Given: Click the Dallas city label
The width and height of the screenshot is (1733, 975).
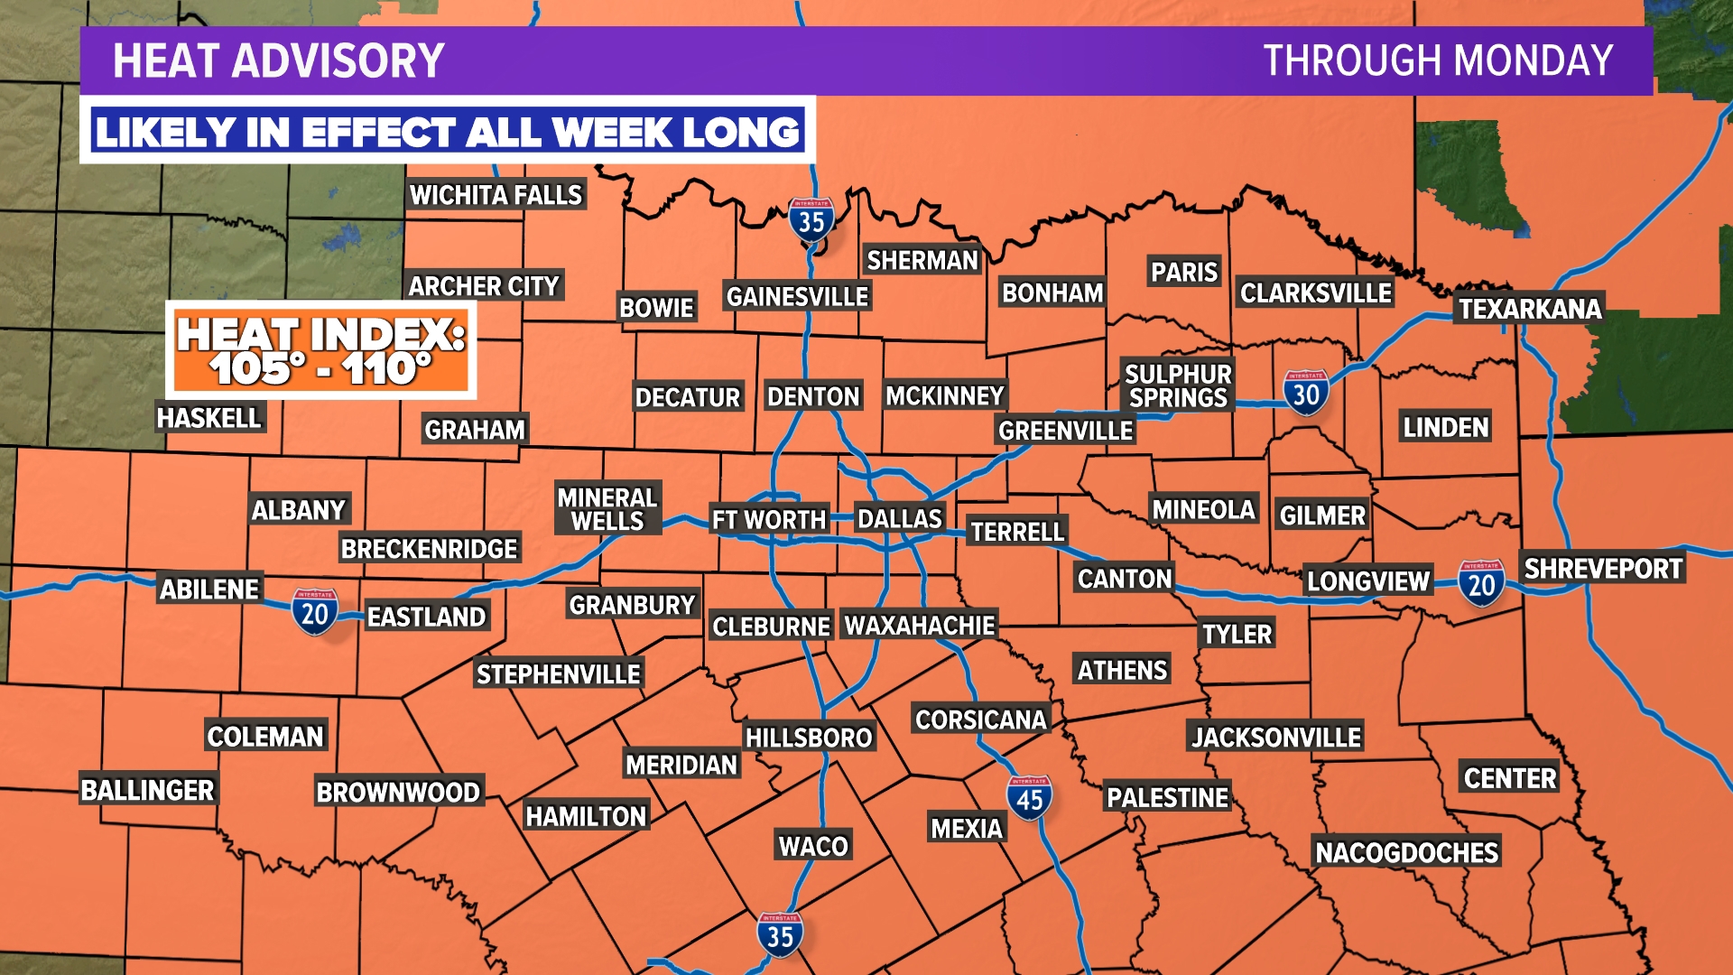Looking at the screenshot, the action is (899, 519).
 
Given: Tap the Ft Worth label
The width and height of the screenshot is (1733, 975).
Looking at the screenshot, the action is (768, 520).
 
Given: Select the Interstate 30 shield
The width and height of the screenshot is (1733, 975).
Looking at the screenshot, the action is (1305, 393).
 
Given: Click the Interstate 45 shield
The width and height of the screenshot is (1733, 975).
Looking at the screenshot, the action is (1029, 798).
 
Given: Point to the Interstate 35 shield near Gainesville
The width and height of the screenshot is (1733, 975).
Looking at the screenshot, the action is (811, 219).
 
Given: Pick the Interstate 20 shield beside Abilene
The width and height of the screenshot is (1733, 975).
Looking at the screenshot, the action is (314, 612).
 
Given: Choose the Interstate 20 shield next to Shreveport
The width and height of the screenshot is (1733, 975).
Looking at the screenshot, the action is (1481, 583).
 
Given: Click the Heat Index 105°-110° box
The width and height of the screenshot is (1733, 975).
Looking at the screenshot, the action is (321, 350).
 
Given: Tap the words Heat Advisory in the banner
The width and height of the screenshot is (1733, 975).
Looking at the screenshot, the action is (278, 61).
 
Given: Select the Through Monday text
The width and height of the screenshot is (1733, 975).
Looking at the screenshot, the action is (1437, 61).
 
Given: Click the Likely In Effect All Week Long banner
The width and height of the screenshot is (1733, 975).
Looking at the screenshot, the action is (448, 132).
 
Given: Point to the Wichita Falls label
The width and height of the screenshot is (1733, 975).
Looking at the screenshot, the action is (496, 195).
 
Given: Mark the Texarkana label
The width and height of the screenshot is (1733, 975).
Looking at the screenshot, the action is (1530, 310).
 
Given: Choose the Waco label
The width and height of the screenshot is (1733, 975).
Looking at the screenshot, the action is (813, 846).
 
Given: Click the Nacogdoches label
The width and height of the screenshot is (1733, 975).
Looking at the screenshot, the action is (1406, 852).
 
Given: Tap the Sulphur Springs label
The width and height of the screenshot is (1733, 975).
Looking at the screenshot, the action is (1178, 385).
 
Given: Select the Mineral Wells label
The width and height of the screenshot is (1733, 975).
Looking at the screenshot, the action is (607, 509).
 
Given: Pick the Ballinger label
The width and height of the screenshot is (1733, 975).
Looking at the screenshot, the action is (147, 790).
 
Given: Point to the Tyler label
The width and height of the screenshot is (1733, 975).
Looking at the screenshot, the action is (1237, 635).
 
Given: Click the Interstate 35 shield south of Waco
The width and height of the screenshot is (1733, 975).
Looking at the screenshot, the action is (779, 935).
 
